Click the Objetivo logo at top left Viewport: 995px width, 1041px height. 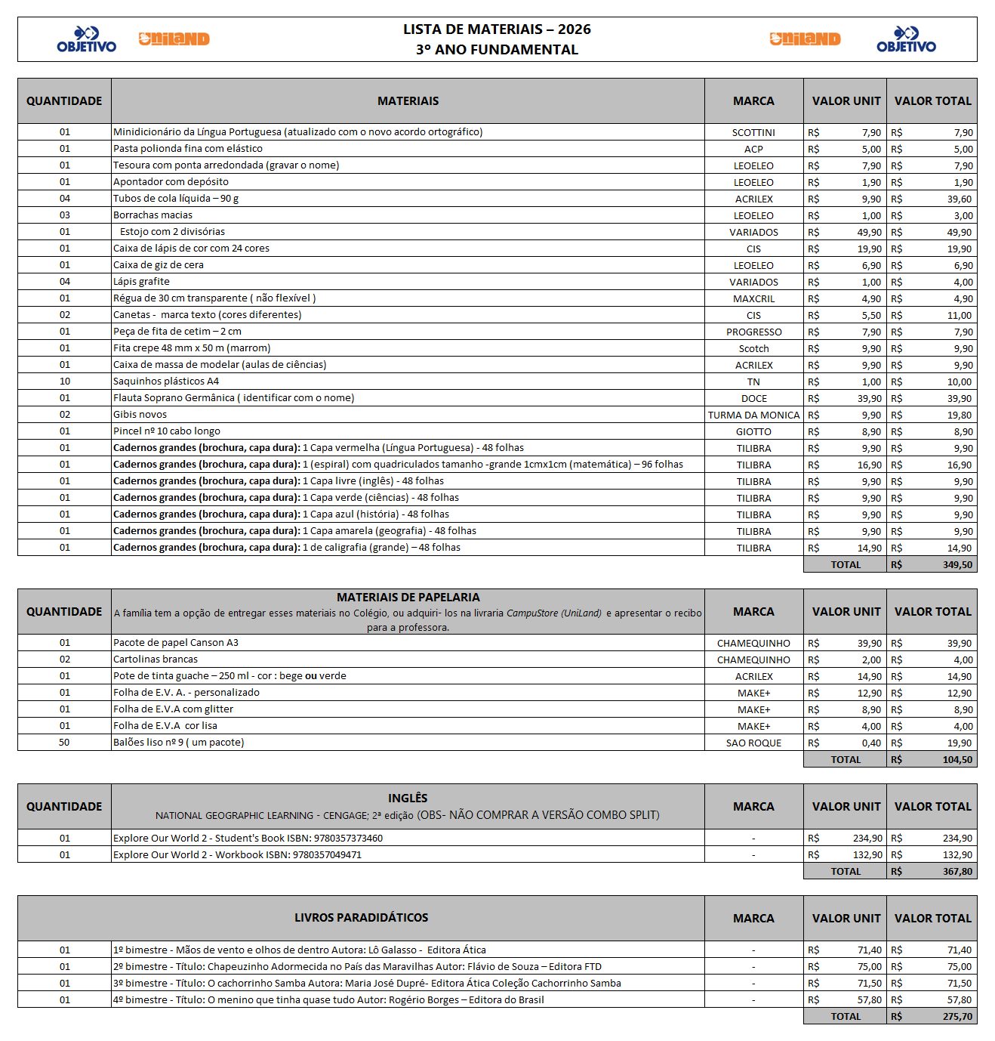pyautogui.click(x=86, y=39)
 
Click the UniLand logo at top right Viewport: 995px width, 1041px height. pyautogui.click(x=805, y=39)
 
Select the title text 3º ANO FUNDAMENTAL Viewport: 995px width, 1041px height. pyautogui.click(x=497, y=50)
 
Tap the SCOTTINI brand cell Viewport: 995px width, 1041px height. pyautogui.click(x=753, y=133)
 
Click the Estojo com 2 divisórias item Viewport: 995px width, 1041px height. pyautogui.click(x=172, y=232)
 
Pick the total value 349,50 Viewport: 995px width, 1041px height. pyautogui.click(x=957, y=565)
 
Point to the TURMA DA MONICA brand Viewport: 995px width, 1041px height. pyautogui.click(x=753, y=415)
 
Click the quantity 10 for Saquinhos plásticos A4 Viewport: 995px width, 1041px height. pyautogui.click(x=65, y=381)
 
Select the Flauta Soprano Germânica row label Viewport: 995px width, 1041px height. pyautogui.click(x=233, y=398)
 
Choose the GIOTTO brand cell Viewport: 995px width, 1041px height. pyautogui.click(x=753, y=432)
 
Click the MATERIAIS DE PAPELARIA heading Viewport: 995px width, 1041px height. pyautogui.click(x=408, y=598)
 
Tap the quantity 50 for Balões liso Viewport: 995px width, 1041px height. pyautogui.click(x=64, y=743)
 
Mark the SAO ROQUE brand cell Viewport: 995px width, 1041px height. pyautogui.click(x=753, y=743)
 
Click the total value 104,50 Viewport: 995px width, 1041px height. pyautogui.click(x=957, y=760)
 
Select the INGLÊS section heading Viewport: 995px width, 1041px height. pyautogui.click(x=408, y=799)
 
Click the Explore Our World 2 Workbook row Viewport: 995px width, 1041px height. pyautogui.click(x=237, y=855)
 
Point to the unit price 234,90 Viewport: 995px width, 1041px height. pyautogui.click(x=867, y=839)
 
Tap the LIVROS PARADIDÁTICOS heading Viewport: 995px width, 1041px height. pyautogui.click(x=361, y=918)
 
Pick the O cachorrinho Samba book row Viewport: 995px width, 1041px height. pyautogui.click(x=367, y=984)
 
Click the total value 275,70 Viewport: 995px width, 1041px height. pyautogui.click(x=957, y=1017)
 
